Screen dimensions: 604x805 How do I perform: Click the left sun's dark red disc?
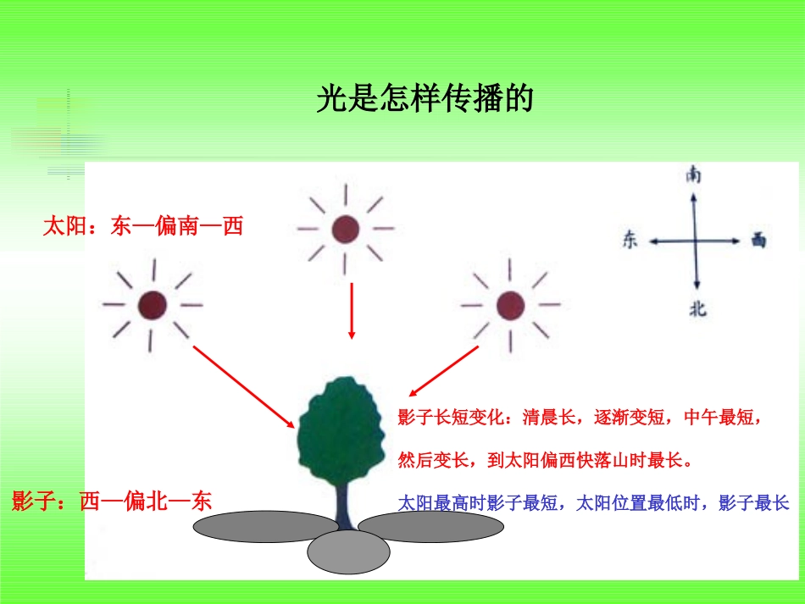153,304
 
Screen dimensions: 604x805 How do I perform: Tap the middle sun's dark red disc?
345,229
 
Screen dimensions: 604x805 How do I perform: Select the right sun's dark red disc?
510,305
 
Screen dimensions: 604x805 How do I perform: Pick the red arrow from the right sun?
445,372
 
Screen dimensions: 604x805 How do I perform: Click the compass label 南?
694,175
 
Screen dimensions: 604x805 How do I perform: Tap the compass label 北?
697,309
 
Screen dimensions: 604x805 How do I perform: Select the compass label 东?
630,241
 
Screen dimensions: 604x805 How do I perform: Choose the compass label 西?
758,241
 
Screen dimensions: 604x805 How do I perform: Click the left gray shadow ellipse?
254,527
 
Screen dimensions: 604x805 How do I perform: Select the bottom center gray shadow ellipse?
347,554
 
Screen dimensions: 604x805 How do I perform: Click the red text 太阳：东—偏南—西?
143,226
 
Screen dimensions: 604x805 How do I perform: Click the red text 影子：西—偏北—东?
111,501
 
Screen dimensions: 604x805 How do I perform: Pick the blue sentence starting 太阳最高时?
593,503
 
